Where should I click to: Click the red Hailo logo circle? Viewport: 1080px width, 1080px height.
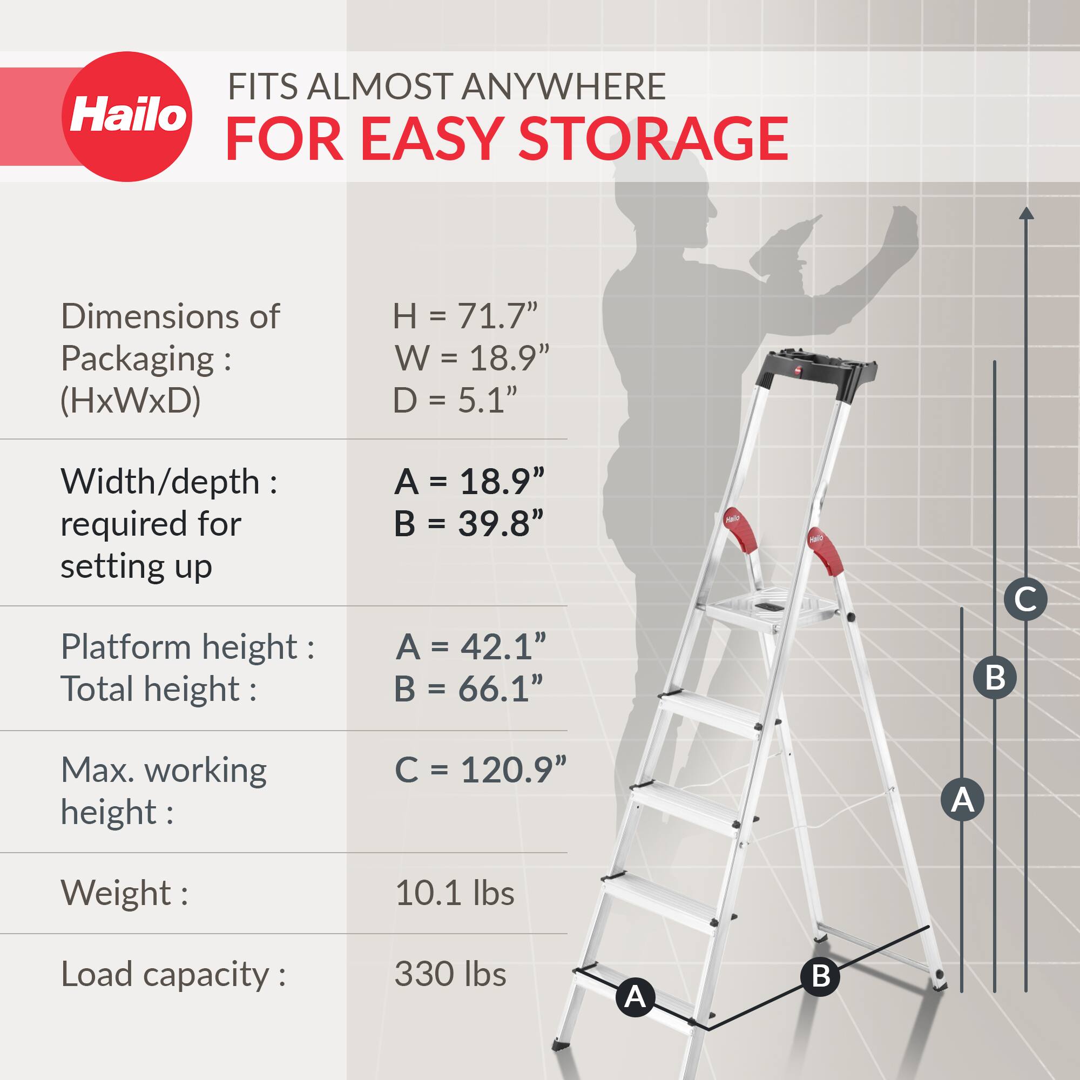(127, 116)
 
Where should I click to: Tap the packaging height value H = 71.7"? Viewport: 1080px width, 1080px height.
(464, 316)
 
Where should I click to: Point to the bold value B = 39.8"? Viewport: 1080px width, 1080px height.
(468, 524)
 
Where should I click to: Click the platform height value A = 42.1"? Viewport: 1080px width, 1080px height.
(470, 647)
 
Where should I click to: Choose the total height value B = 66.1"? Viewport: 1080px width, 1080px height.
(468, 688)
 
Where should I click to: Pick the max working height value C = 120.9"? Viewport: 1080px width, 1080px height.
(480, 769)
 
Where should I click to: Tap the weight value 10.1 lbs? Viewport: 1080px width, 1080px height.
(454, 893)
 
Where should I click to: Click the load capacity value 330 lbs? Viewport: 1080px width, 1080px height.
(450, 974)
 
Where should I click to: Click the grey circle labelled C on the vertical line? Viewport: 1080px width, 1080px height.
(1025, 599)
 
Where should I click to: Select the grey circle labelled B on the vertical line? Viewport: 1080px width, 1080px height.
(995, 678)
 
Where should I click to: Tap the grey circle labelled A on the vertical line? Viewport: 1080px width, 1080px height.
(962, 799)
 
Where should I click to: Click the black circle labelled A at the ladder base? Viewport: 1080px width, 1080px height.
(635, 997)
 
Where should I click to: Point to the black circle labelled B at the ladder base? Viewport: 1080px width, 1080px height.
(820, 976)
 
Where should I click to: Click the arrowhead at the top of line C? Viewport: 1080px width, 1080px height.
(1026, 213)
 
